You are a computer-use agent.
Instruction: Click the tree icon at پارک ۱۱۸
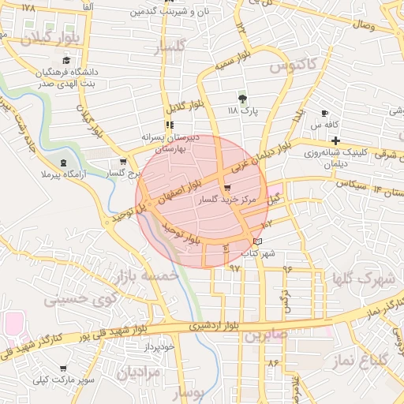tap(242, 99)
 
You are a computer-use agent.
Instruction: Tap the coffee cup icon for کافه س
tap(324, 114)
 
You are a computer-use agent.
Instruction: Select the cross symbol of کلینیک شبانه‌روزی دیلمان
tap(336, 140)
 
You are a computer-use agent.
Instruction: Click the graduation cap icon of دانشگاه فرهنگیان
tap(66, 61)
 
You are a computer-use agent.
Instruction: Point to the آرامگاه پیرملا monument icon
tap(63, 163)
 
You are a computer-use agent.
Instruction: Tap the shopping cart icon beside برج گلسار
tap(122, 161)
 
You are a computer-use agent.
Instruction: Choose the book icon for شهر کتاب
tap(259, 241)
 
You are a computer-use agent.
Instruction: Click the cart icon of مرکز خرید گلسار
tap(228, 189)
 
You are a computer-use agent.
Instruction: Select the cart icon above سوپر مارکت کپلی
tap(63, 368)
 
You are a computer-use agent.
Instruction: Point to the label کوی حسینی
tap(79, 300)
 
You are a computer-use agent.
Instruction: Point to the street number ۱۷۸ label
tap(29, 7)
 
